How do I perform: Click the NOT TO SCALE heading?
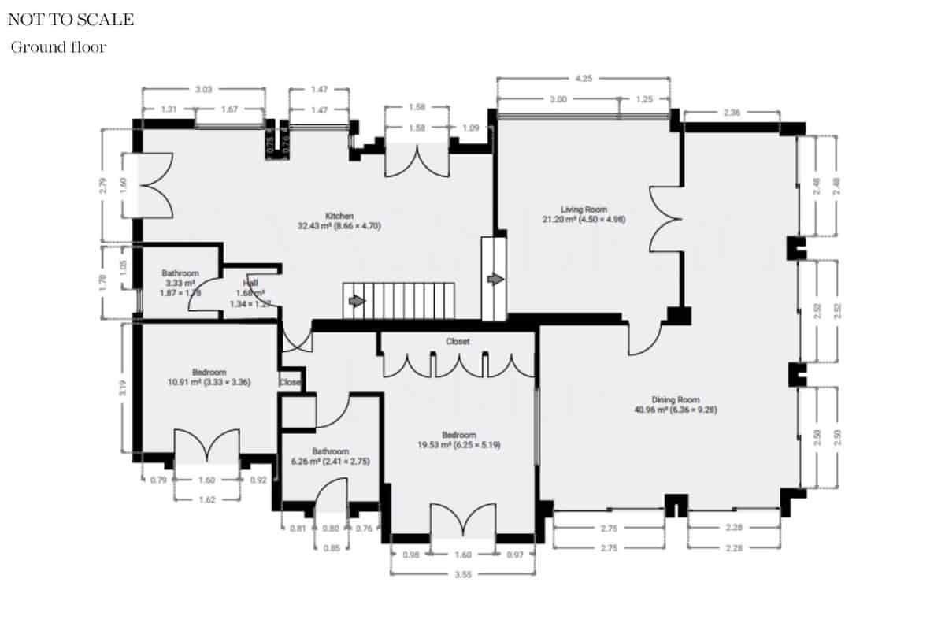(x=71, y=20)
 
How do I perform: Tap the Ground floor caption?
(x=58, y=47)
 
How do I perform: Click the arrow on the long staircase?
(x=356, y=301)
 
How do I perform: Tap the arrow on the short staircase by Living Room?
(x=495, y=280)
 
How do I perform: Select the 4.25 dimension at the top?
(x=584, y=79)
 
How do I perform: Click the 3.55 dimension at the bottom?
(x=463, y=574)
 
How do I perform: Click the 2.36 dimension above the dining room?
(x=731, y=113)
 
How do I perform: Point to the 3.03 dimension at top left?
(x=203, y=91)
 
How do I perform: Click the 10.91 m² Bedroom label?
(x=209, y=377)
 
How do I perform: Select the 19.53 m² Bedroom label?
(x=458, y=440)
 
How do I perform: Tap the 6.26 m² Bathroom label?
(x=330, y=456)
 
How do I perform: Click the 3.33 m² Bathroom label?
(x=180, y=282)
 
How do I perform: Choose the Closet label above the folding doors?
(x=458, y=342)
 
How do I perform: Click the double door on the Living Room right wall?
(x=664, y=220)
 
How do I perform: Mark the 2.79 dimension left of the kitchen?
(x=102, y=186)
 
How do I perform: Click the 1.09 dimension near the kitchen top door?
(x=471, y=128)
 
